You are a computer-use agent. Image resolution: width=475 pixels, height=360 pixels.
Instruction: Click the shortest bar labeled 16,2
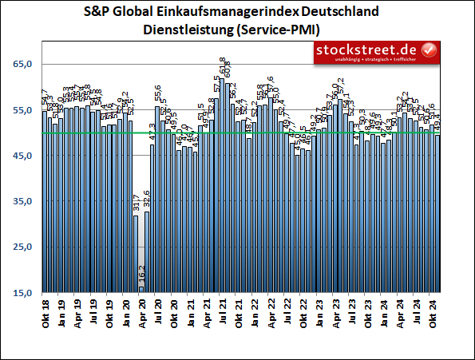(x=141, y=289)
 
